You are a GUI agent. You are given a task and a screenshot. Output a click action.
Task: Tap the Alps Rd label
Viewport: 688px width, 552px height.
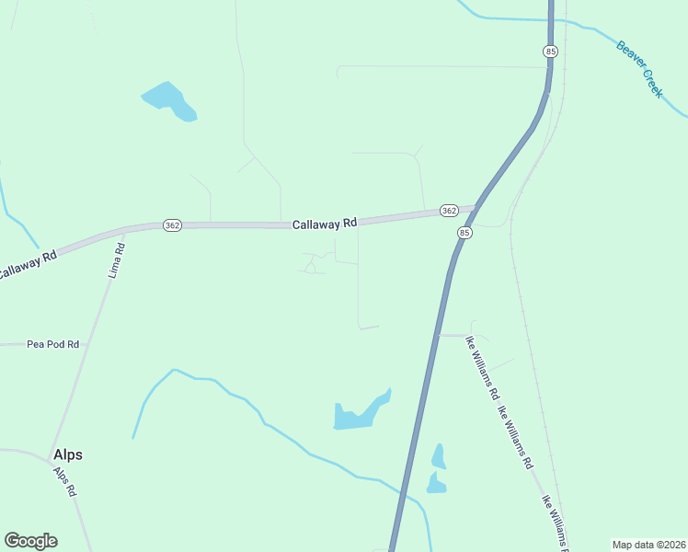coord(64,481)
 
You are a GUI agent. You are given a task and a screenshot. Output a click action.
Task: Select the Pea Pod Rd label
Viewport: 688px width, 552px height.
coord(52,344)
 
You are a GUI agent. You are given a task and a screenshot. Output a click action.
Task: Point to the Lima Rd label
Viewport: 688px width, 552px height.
coord(116,261)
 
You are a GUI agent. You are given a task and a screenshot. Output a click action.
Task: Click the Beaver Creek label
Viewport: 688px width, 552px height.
coord(639,69)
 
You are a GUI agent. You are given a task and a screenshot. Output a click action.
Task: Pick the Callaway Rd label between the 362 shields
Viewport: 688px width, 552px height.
coord(324,224)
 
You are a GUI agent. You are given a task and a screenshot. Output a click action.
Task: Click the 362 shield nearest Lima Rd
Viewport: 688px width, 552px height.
coord(172,225)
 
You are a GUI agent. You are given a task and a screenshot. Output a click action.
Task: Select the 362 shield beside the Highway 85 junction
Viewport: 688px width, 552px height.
coord(448,211)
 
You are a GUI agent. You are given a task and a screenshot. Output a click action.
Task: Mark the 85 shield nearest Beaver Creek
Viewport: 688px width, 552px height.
coord(550,52)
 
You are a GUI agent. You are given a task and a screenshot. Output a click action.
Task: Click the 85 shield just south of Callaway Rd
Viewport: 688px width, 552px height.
coord(464,234)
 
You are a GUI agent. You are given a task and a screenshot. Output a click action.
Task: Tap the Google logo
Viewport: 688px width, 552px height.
coord(30,541)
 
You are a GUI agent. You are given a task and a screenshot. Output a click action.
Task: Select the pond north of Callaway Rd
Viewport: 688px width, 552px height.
coord(169,100)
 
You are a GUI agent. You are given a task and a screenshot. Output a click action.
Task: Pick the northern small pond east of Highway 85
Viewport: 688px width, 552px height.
coord(439,456)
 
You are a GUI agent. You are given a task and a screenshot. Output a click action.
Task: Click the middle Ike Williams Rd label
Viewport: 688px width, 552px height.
coord(516,438)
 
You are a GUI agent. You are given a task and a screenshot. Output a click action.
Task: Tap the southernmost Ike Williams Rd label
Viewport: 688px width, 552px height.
coord(556,517)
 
